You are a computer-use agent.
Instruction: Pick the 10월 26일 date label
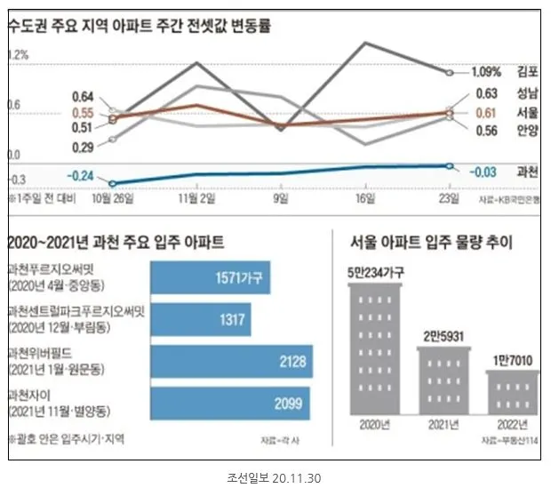pyautogui.click(x=113, y=197)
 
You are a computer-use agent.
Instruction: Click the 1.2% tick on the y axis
pyautogui.click(x=18, y=55)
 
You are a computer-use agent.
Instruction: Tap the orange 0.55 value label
pyautogui.click(x=83, y=113)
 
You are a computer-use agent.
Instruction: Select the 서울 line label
pyautogui.click(x=528, y=112)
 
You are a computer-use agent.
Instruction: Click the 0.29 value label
pyautogui.click(x=83, y=148)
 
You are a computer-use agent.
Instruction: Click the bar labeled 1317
pyautogui.click(x=201, y=320)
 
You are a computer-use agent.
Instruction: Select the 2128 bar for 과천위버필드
pyautogui.click(x=231, y=363)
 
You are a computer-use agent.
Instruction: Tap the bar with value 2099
pyautogui.click(x=231, y=405)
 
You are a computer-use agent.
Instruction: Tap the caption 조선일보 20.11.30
pyautogui.click(x=275, y=478)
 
